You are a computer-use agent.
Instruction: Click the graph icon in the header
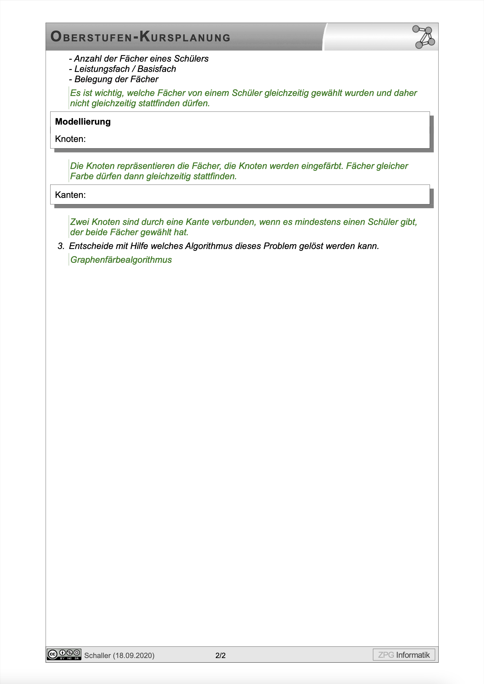tap(423, 37)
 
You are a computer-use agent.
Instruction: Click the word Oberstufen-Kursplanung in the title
tap(140, 37)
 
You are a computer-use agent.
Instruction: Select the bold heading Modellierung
tap(83, 122)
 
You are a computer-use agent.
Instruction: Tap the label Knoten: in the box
tap(70, 139)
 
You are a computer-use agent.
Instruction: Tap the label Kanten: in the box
tap(70, 195)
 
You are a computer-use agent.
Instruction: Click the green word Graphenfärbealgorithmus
tap(121, 260)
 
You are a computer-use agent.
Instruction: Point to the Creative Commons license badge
tap(64, 655)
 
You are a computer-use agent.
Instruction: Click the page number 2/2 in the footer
tap(221, 655)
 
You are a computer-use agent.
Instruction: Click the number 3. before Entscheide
tap(61, 246)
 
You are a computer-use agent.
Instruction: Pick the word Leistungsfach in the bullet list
tap(102, 69)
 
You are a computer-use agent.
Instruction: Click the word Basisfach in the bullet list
tap(157, 69)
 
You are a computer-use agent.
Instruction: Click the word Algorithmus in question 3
tap(209, 246)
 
